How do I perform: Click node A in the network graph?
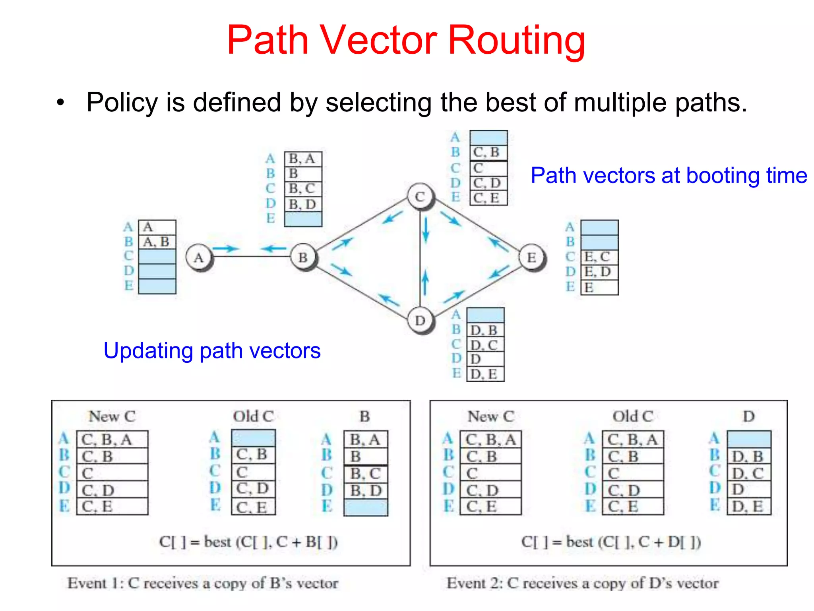click(199, 257)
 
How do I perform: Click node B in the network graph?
click(303, 257)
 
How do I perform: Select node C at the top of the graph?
click(420, 197)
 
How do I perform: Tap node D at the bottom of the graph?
click(420, 320)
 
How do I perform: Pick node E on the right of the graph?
click(532, 257)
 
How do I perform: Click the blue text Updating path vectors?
click(212, 351)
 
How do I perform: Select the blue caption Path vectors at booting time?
click(669, 175)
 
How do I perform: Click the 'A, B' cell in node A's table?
click(157, 242)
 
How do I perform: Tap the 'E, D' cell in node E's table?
click(599, 272)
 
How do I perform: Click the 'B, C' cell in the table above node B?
click(303, 189)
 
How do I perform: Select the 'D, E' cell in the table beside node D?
click(485, 374)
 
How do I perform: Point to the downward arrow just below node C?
click(426, 230)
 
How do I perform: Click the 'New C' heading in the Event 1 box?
click(112, 416)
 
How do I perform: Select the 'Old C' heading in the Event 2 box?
click(633, 416)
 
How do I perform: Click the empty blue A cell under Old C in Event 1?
click(253, 438)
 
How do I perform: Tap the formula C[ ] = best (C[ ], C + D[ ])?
click(611, 542)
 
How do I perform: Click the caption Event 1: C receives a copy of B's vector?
click(203, 583)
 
